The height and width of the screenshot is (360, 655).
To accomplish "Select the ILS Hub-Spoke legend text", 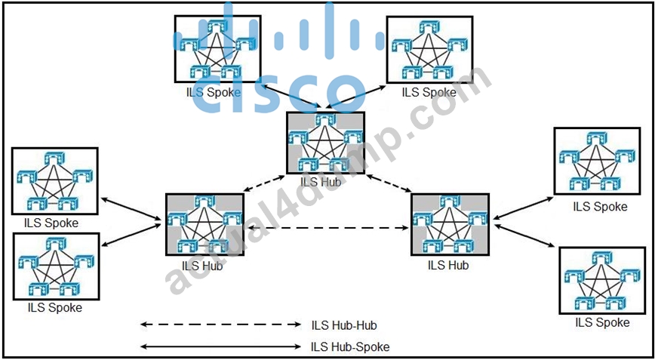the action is (x=350, y=346).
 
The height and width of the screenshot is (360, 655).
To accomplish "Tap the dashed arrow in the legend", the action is (x=220, y=324).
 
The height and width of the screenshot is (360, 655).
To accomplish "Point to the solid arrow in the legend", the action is (x=220, y=346).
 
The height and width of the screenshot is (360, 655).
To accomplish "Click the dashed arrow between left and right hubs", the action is (x=327, y=228).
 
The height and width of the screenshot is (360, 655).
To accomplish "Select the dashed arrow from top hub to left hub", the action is (x=263, y=183).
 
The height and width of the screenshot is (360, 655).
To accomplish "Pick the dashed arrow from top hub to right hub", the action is (x=389, y=183).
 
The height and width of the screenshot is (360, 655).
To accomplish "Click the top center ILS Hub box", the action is (x=326, y=143).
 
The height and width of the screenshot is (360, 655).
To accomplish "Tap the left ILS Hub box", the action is (x=204, y=224).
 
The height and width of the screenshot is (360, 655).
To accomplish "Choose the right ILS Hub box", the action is (x=450, y=224).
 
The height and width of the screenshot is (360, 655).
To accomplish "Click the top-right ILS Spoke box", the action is (x=430, y=49).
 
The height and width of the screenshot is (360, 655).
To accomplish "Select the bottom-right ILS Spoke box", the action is (x=602, y=280).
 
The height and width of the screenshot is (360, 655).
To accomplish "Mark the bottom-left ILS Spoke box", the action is (x=56, y=266).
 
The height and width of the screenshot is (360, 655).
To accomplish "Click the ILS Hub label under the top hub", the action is (x=321, y=182).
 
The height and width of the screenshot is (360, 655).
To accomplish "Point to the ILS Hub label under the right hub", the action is (x=448, y=265).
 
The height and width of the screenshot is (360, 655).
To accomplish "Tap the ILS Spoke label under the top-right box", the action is (x=429, y=92).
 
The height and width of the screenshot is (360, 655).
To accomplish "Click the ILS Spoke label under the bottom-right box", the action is (x=602, y=323).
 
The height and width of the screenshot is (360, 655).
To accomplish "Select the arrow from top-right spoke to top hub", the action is (x=356, y=97).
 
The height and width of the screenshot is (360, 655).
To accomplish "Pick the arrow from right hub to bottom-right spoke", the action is (x=525, y=236).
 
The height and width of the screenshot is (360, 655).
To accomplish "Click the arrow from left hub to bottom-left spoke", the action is (x=131, y=235).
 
